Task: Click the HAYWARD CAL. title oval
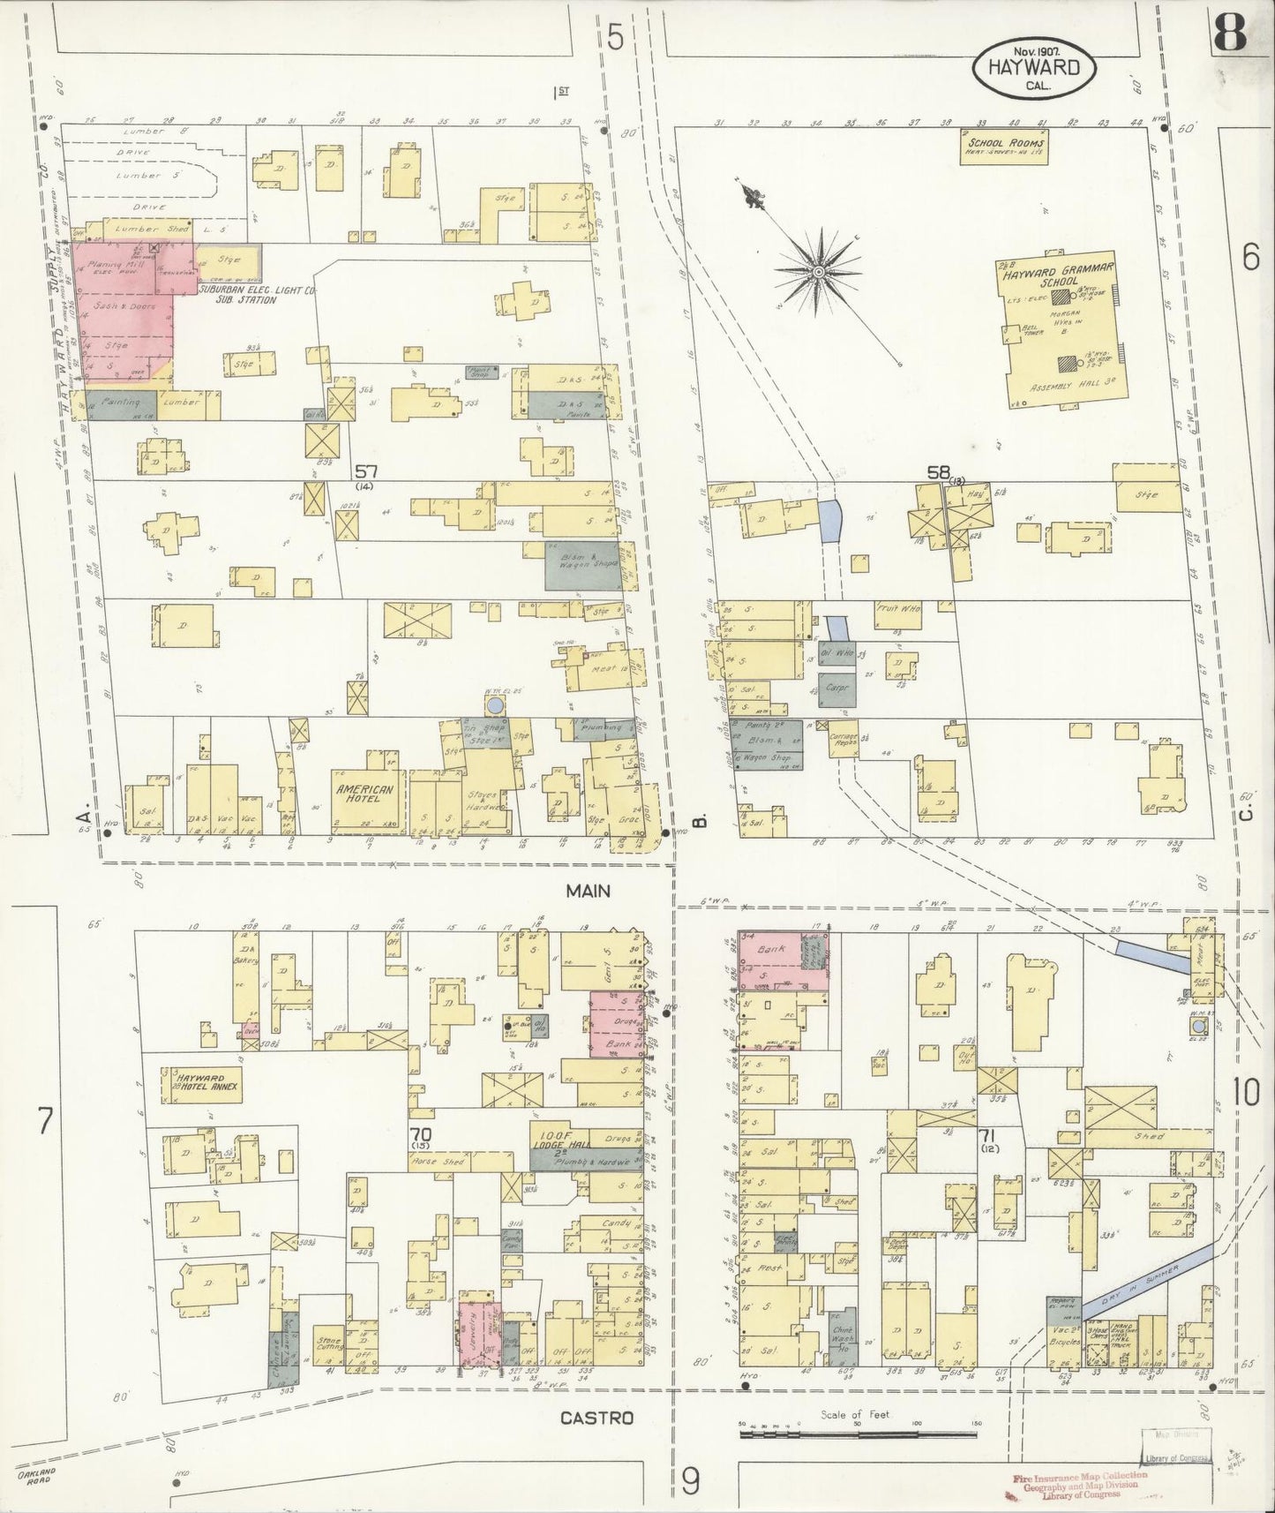(1034, 68)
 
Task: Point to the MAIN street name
(589, 891)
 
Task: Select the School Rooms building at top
(1004, 147)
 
